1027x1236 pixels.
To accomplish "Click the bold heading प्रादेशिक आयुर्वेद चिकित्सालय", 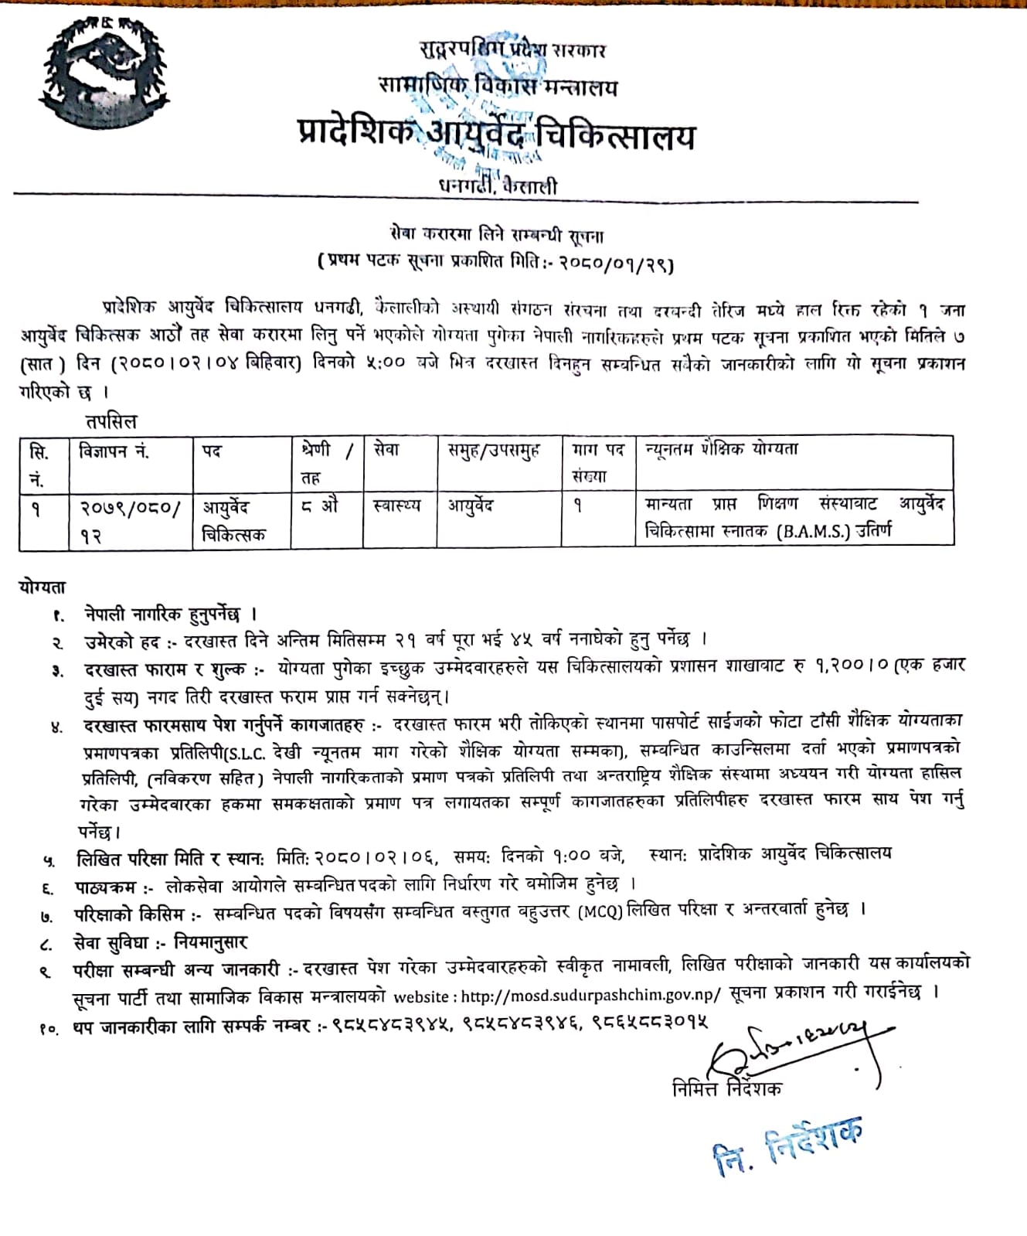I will click(495, 135).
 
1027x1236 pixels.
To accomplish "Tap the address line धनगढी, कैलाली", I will click(497, 186).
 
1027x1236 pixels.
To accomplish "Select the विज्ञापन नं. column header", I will click(114, 451).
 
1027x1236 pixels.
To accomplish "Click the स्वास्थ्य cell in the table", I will click(396, 506).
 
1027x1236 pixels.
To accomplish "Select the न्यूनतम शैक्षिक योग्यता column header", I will click(722, 449).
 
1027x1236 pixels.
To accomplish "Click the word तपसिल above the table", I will click(111, 422).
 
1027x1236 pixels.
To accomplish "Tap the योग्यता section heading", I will click(43, 587).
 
